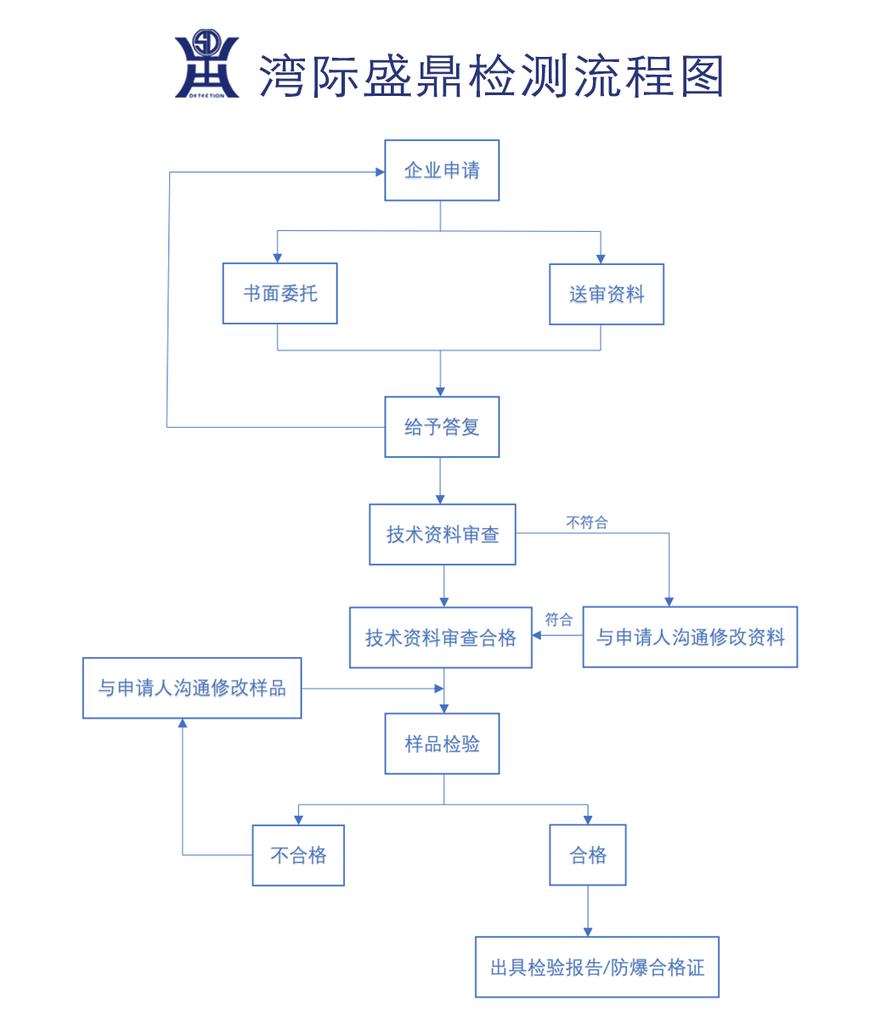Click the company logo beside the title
pos(207,65)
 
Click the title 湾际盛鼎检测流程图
pos(490,76)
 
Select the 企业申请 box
pos(442,171)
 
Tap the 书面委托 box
pos(280,294)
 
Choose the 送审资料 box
pos(607,295)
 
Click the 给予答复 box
pos(442,427)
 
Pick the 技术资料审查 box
pos(443,535)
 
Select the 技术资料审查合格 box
pos(441,638)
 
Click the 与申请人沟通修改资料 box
pos(690,637)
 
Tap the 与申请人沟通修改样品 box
pos(192,689)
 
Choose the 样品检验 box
pos(442,744)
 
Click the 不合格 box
pos(298,855)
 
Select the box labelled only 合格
pos(588,855)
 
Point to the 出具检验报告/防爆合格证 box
pos(597,967)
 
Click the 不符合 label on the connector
pos(587,522)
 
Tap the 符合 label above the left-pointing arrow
pos(558,620)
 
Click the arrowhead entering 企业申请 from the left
pos(380,172)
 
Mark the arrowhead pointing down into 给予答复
pos(440,391)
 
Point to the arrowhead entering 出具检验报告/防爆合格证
pos(588,932)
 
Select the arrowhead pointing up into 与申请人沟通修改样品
pos(182,723)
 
